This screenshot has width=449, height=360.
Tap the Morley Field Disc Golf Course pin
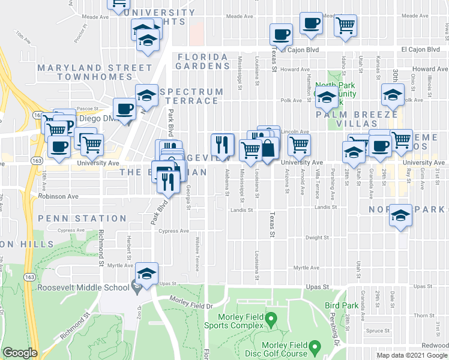pyautogui.click(x=314, y=347)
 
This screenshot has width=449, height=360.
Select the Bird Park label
pyautogui.click(x=341, y=305)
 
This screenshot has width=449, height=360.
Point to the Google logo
pyautogui.click(x=20, y=353)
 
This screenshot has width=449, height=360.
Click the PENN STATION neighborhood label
pyautogui.click(x=83, y=218)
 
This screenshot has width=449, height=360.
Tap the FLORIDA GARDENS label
pyautogui.click(x=202, y=57)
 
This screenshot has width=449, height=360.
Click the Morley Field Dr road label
pyautogui.click(x=191, y=305)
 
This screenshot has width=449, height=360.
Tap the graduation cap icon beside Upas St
pyautogui.click(x=146, y=274)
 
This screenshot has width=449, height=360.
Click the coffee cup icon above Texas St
pyautogui.click(x=280, y=34)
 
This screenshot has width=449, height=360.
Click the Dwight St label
pyautogui.click(x=317, y=238)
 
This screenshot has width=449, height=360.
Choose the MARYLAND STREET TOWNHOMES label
pyautogui.click(x=85, y=72)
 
